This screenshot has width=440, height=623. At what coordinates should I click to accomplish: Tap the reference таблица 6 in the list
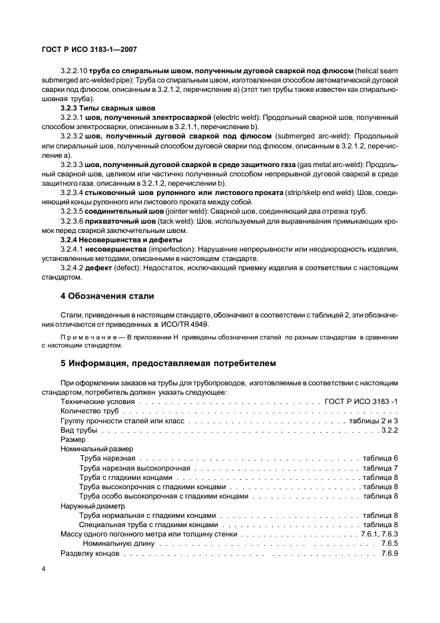[380, 459]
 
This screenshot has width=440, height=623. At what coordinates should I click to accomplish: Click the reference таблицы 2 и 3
[373, 421]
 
